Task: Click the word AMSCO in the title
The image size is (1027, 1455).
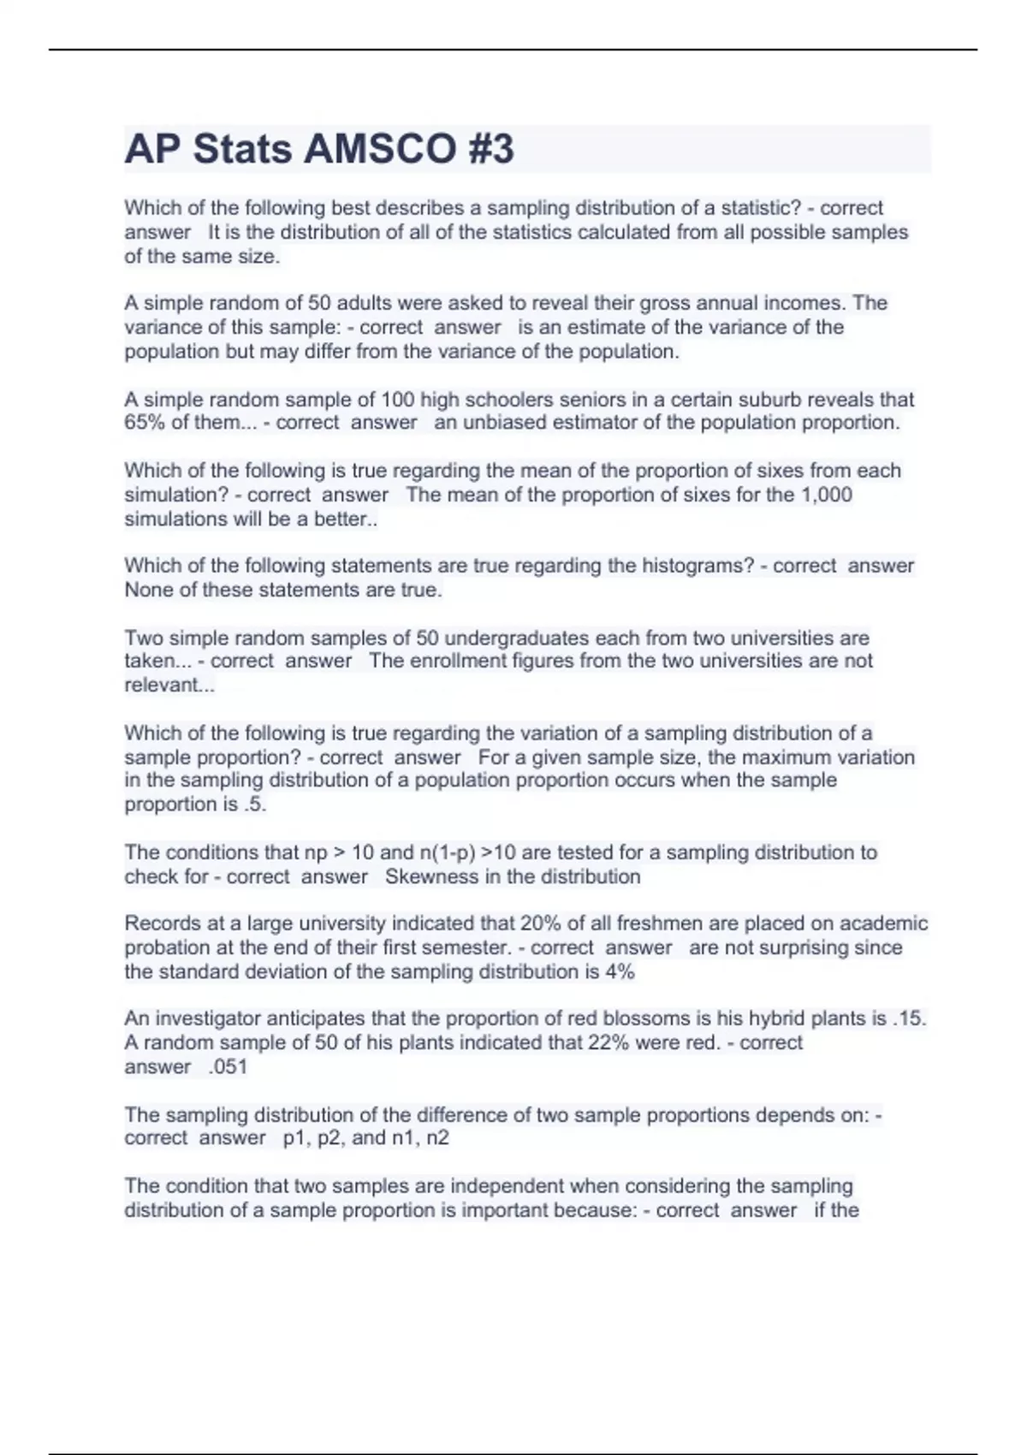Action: click(x=381, y=149)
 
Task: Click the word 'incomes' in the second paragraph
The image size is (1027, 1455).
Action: click(x=804, y=303)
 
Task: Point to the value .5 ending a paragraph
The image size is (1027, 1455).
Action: click(x=255, y=805)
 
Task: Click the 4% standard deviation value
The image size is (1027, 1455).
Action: click(x=620, y=971)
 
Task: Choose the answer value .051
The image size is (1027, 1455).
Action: click(x=228, y=1066)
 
